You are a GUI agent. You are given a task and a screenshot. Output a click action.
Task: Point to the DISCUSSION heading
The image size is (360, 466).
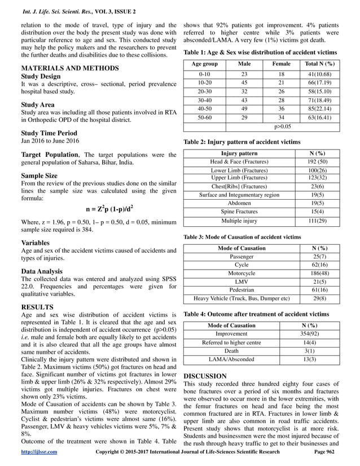coord(205,376)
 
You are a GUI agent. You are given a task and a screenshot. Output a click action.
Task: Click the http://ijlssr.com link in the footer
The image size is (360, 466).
coord(38,452)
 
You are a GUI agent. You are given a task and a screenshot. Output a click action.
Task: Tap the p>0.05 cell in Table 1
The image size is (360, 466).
coord(282,128)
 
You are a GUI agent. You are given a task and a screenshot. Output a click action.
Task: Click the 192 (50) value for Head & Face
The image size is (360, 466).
coord(313,161)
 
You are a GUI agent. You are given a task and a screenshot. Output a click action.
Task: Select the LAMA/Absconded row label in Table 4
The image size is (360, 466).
coord(231,359)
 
